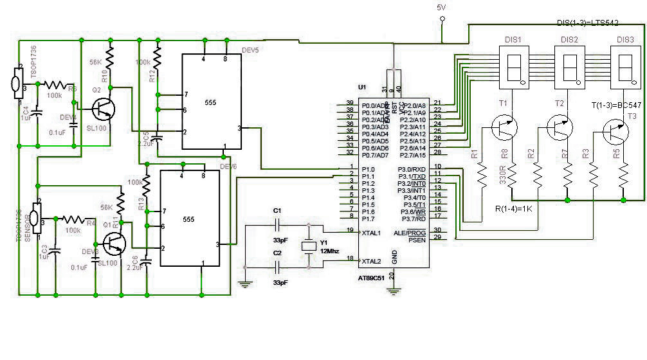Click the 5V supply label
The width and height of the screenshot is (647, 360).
click(x=441, y=7)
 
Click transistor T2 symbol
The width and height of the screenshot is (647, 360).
click(x=561, y=127)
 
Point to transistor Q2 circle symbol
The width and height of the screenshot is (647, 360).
click(x=103, y=110)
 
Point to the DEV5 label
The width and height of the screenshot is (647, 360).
click(x=250, y=50)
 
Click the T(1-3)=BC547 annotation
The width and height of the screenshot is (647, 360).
click(x=616, y=105)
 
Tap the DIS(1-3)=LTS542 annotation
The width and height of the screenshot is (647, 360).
click(x=596, y=23)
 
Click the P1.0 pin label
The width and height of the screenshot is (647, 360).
click(x=368, y=168)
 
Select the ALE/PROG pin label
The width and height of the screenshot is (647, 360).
click(x=412, y=231)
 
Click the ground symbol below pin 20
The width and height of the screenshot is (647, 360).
click(x=394, y=291)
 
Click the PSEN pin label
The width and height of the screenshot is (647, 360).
click(x=416, y=239)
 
